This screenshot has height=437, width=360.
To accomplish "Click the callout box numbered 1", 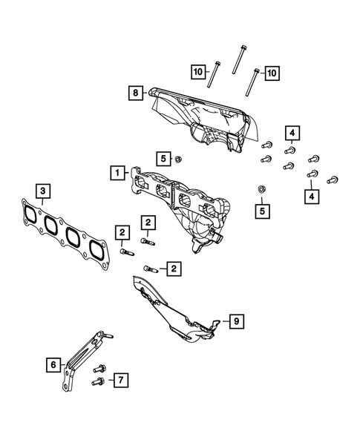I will (116, 173).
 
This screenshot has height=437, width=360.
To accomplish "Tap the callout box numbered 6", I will (53, 364).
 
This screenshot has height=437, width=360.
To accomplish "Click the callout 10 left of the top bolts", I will (198, 71).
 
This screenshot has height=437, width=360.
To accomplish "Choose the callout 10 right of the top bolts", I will (272, 72).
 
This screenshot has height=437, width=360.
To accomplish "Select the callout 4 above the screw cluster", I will (293, 134).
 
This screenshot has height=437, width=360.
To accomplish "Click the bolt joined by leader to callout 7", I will (97, 381).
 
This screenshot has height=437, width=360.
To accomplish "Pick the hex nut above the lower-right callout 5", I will (260, 191).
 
